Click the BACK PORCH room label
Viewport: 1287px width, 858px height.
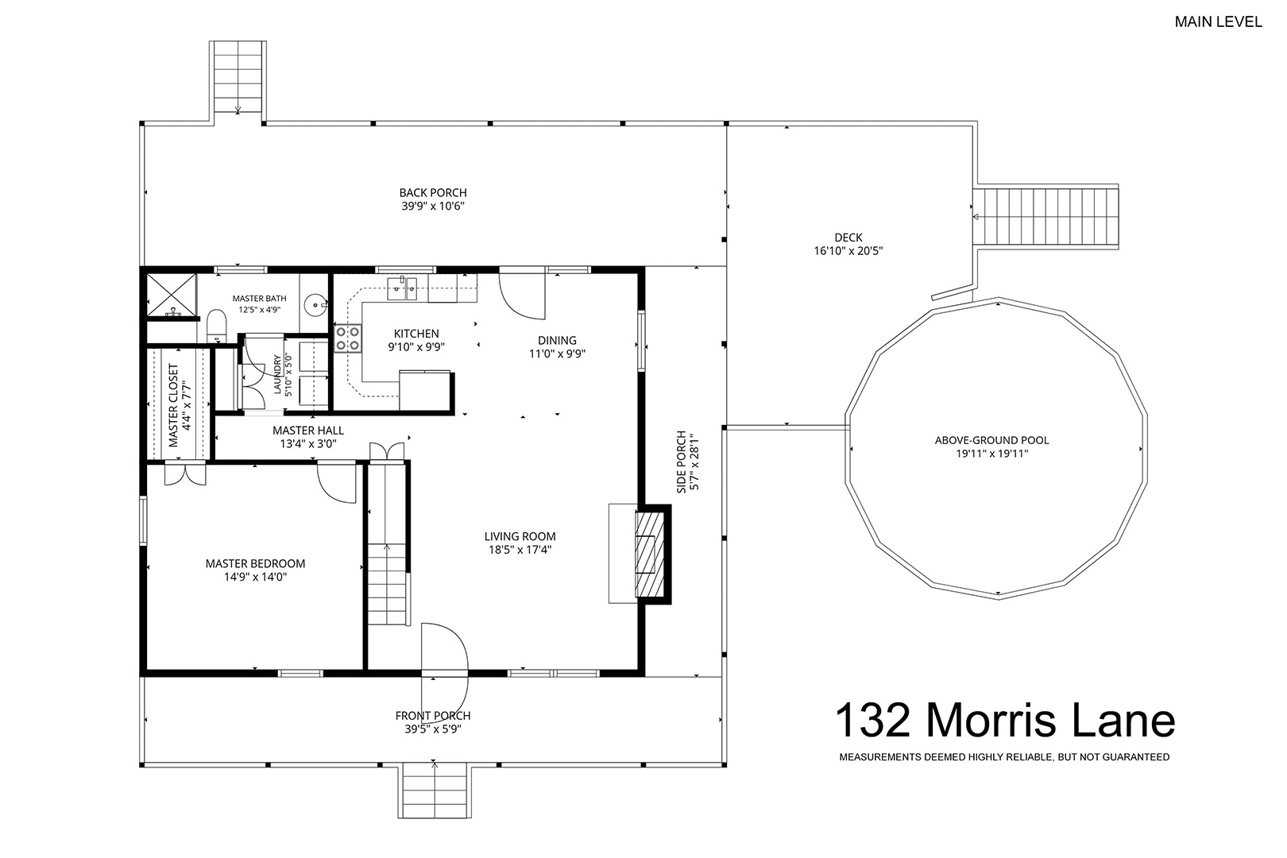click(x=433, y=192)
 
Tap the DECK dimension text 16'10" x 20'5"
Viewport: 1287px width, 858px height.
click(x=848, y=250)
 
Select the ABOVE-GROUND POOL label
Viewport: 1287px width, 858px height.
click(x=991, y=440)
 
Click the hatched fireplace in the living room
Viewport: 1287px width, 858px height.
click(x=650, y=554)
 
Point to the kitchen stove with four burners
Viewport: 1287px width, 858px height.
click(x=348, y=338)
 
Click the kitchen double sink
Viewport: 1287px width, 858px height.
click(x=403, y=288)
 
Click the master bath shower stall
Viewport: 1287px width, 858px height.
click(x=172, y=296)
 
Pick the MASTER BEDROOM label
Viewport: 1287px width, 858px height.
click(x=255, y=564)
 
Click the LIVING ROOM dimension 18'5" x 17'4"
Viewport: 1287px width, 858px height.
click(x=520, y=550)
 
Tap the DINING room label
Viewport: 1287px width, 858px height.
click(x=557, y=340)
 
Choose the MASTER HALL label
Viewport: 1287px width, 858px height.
click(x=308, y=431)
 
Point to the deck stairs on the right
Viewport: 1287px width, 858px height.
click(x=1045, y=217)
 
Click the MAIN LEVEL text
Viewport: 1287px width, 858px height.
click(x=1218, y=21)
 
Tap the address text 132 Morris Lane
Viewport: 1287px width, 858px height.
click(x=1005, y=720)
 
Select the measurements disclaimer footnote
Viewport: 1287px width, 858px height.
click(x=1004, y=757)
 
